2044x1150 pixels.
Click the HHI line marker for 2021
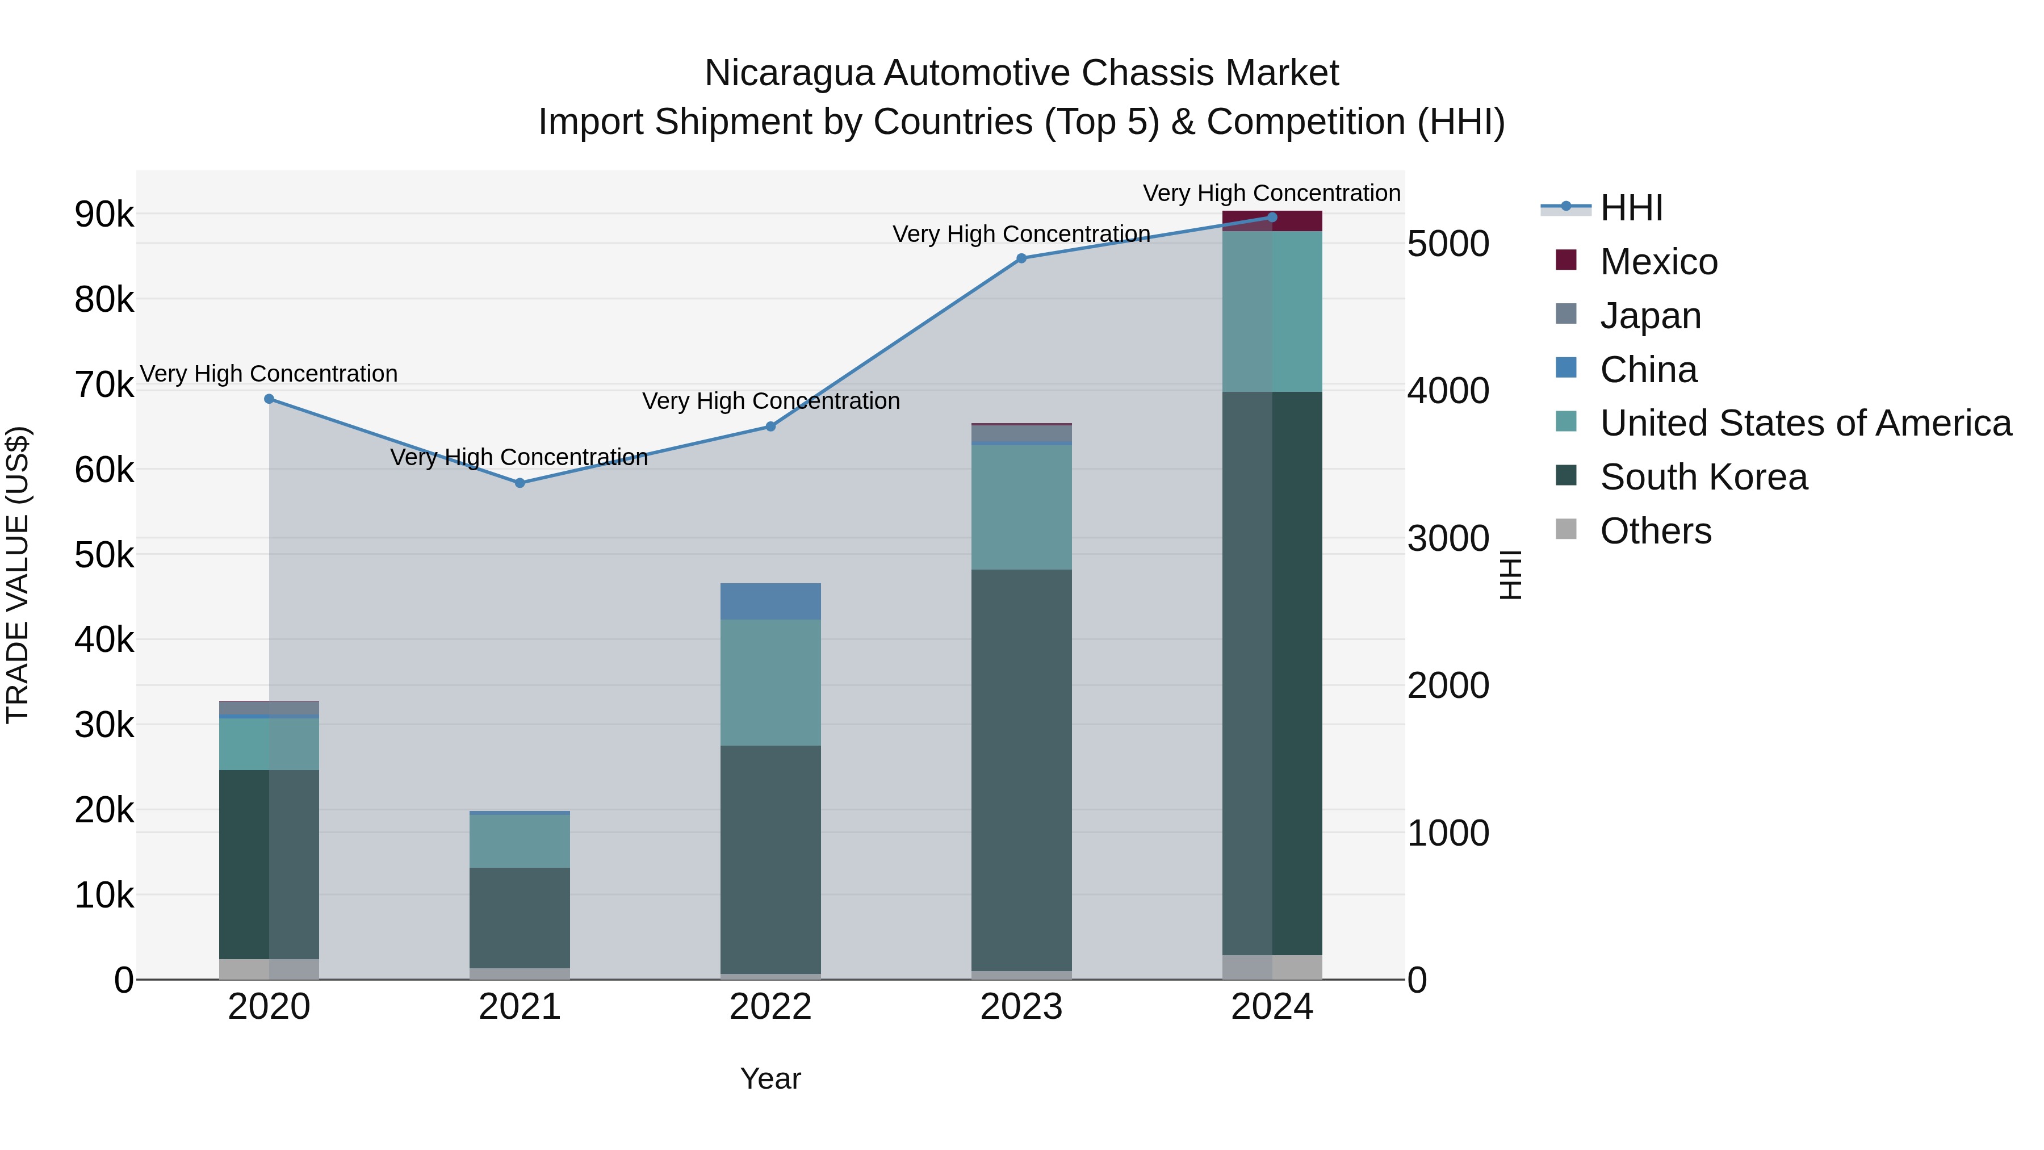[520, 483]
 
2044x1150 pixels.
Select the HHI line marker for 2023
[1021, 259]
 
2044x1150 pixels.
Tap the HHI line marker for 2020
[269, 399]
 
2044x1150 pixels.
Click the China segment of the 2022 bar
[770, 601]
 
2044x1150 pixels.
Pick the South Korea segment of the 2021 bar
[520, 918]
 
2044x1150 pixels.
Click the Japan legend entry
[1651, 316]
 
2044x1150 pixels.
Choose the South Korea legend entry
[1703, 477]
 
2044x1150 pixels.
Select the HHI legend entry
[1631, 208]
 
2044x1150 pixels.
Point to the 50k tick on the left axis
[104, 555]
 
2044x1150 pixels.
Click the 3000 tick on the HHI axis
[1448, 539]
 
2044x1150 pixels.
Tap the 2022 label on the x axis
[770, 1007]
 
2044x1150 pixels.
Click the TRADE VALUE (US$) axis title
[18, 575]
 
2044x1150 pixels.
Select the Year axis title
[770, 1078]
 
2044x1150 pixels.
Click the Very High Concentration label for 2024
[1271, 193]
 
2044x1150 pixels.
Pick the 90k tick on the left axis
[104, 214]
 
